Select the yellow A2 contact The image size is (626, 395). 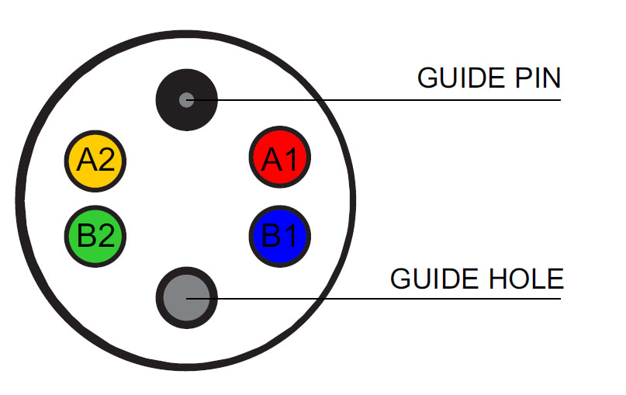pyautogui.click(x=94, y=159)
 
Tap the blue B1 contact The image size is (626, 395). pyautogui.click(x=280, y=234)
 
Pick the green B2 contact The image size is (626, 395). pyautogui.click(x=94, y=234)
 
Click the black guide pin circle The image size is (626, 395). pyautogui.click(x=186, y=85)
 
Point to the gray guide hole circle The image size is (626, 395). pyautogui.click(x=186, y=298)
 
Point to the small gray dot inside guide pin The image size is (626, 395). pyautogui.click(x=186, y=99)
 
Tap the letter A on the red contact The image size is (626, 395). pyautogui.click(x=271, y=158)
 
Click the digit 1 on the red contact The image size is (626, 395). pyautogui.click(x=290, y=158)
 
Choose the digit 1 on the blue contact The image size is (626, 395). pyautogui.click(x=290, y=234)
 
